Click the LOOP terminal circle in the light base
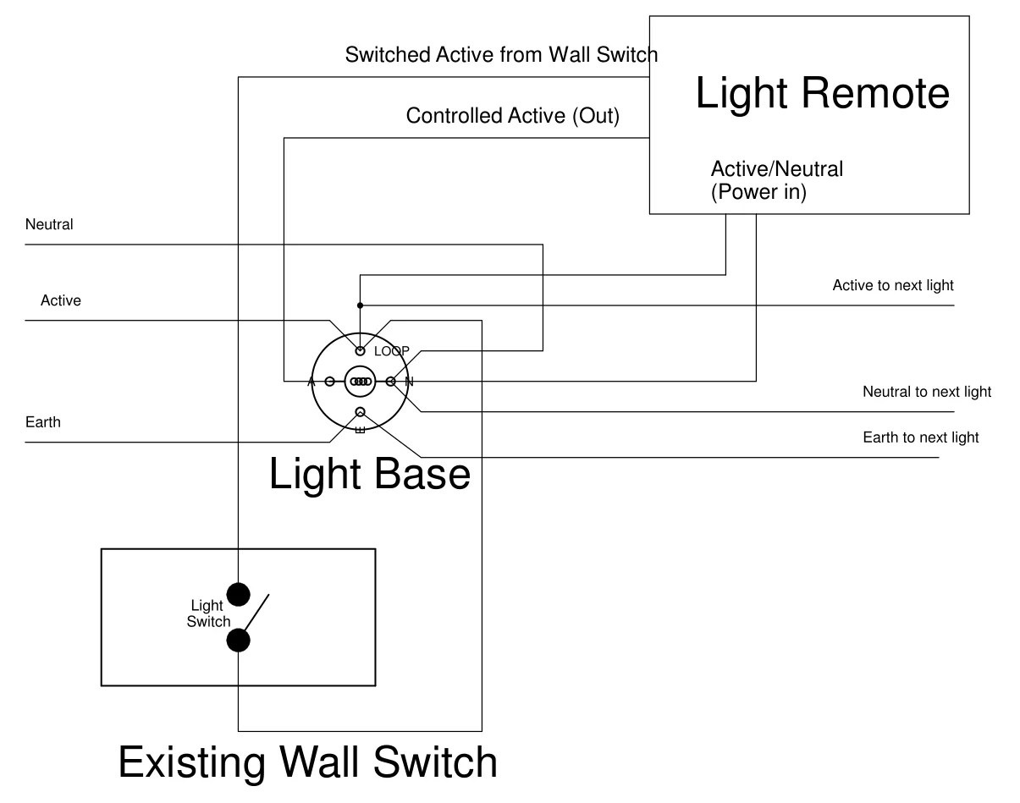point(360,349)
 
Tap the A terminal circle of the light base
point(329,382)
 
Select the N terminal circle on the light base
point(390,382)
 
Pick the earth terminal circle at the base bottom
point(360,412)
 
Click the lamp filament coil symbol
point(361,382)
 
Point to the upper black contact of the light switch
point(239,594)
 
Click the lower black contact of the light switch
point(239,640)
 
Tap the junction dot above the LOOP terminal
point(360,305)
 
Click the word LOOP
point(392,350)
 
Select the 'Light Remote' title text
point(822,92)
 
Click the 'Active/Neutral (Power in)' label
point(776,180)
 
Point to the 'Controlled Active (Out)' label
point(512,116)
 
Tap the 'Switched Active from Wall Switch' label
point(501,55)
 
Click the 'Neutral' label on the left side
point(49,224)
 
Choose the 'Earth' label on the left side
point(43,421)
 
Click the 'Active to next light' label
point(893,285)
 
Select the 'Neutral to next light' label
point(927,392)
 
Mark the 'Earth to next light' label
point(921,437)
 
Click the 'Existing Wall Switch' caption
point(307,762)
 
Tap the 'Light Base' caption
point(369,474)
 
